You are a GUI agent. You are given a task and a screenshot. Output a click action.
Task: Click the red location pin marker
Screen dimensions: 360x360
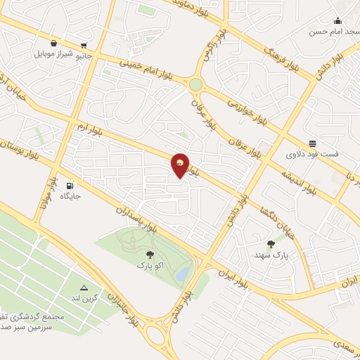181,165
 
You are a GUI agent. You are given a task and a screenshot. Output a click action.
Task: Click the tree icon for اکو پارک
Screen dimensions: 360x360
148,256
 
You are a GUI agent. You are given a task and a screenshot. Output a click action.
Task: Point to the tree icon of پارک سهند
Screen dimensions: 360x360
271,245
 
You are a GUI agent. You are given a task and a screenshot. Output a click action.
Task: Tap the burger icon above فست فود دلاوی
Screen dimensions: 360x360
312,143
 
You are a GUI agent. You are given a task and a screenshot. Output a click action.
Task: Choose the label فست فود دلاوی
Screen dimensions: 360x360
311,153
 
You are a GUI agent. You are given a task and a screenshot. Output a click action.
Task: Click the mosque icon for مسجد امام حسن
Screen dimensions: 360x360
337,20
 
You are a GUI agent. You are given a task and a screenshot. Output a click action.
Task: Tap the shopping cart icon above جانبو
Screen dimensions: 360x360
85,42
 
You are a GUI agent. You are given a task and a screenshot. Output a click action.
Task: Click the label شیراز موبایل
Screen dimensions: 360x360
52,53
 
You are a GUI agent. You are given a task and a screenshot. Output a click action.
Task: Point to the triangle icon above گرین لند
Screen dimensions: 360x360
84,288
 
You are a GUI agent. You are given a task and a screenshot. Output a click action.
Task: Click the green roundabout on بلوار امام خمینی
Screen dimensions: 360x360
195,85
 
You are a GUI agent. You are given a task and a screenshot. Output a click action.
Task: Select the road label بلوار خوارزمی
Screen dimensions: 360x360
248,112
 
